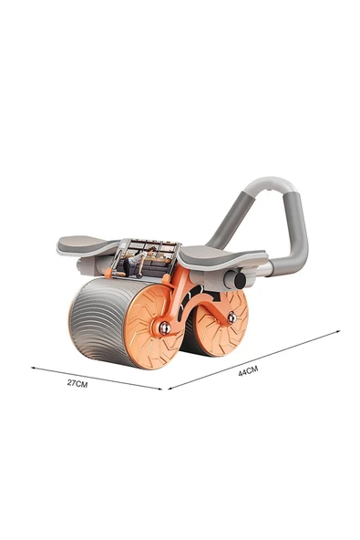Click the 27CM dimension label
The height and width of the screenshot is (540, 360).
(x=77, y=383)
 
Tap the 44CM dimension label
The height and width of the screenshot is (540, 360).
(x=248, y=370)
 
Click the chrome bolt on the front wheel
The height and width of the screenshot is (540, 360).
(x=165, y=328)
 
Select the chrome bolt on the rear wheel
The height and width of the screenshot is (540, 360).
(x=232, y=317)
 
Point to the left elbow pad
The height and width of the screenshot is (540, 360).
(x=88, y=245)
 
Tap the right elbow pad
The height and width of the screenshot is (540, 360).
(x=223, y=255)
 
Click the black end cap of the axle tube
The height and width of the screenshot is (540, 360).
(x=241, y=280)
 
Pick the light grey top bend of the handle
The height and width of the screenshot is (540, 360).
(x=270, y=185)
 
